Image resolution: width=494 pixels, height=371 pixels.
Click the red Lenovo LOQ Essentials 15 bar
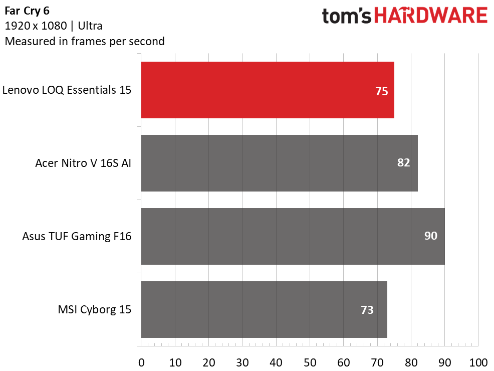268,90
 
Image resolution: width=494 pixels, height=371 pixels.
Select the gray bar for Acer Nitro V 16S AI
280,163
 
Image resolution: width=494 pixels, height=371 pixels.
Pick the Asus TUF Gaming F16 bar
293,236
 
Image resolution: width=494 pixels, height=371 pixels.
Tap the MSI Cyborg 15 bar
264,309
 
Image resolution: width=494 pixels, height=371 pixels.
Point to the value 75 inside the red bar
382,91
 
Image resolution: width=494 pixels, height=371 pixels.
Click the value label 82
404,162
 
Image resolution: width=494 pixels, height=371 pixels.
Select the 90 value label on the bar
431,236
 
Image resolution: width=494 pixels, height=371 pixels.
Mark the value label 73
367,310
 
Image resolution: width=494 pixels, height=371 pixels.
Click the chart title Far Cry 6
27,11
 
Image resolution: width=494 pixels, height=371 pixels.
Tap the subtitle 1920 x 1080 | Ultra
54,26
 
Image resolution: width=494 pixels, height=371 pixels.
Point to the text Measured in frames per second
85,41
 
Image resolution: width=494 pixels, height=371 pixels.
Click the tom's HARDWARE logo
405,16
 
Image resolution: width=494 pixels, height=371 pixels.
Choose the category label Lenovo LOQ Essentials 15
67,90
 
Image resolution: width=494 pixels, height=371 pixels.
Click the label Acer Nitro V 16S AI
83,163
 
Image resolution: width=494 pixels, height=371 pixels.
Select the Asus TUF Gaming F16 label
77,236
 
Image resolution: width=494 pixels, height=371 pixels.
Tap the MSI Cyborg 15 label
95,309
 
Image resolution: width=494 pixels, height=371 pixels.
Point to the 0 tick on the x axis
141,363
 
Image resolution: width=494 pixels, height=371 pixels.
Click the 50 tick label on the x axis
310,363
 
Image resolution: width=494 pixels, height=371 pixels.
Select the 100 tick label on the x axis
478,363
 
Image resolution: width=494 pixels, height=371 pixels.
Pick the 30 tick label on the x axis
242,363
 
